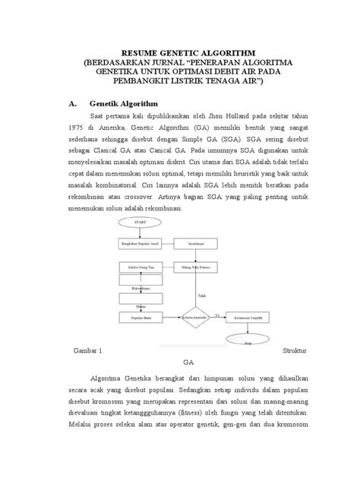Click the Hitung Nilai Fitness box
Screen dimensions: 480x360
point(194,268)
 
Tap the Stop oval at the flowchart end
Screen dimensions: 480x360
point(249,343)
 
